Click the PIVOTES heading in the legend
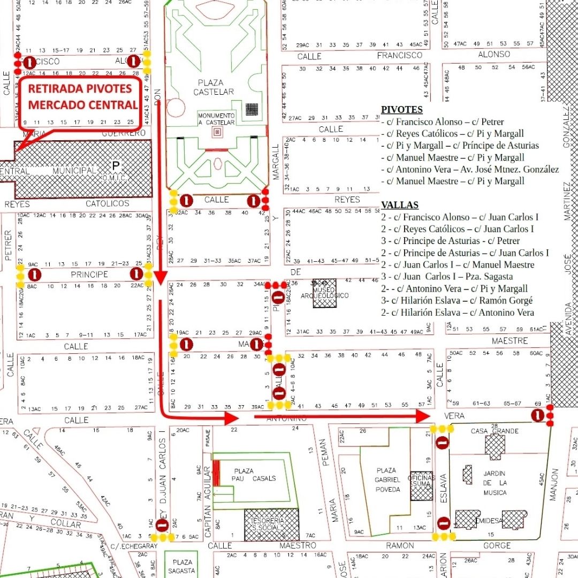[x=401, y=110]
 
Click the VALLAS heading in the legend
[x=399, y=205]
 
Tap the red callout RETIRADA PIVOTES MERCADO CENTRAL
[x=82, y=97]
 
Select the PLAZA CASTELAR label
[x=216, y=87]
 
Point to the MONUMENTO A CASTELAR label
[x=216, y=119]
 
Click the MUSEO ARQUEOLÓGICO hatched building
[x=325, y=293]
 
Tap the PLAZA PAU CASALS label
[x=254, y=474]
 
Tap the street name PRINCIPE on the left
[x=89, y=275]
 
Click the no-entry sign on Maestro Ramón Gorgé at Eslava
[x=443, y=523]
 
